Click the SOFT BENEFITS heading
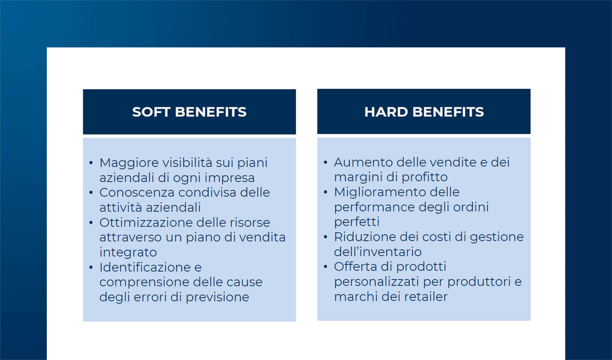point(189,112)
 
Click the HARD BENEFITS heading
point(424,112)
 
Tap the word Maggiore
point(129,163)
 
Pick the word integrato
point(128,252)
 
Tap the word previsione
point(217,297)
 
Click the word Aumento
point(363,162)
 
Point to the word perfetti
point(357,222)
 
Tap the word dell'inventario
point(378,252)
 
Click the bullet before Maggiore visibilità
point(91,163)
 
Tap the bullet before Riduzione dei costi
point(325,237)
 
